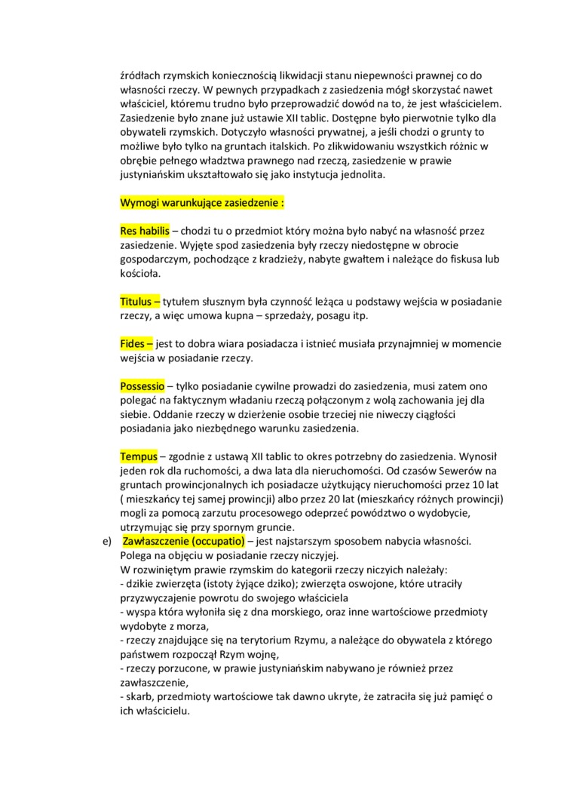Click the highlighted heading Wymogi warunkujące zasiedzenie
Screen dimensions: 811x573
202,204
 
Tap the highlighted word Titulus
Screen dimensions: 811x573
136,302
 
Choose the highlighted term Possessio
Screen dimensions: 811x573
142,386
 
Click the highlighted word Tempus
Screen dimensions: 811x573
138,456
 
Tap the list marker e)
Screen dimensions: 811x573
95,541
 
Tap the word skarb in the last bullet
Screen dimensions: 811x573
139,696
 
